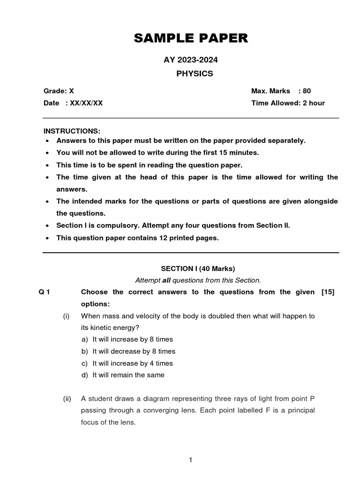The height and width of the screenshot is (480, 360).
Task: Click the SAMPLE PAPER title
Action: tap(191, 38)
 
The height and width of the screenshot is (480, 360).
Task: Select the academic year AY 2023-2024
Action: tap(191, 60)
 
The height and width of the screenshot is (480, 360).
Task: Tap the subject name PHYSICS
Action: tap(194, 74)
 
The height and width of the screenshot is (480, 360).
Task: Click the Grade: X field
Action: tap(59, 91)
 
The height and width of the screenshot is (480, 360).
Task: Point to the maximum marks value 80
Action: tap(307, 91)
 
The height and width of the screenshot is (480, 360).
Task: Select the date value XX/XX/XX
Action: tap(86, 103)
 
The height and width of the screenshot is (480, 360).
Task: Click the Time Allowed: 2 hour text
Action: tap(288, 103)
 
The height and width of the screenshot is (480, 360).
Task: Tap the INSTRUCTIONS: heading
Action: tap(72, 130)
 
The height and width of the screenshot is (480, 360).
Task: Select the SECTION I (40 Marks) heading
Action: tap(198, 269)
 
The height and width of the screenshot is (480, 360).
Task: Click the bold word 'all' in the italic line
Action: tap(166, 280)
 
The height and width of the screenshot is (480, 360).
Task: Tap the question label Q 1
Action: tap(45, 292)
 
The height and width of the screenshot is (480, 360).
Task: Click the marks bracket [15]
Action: tap(328, 292)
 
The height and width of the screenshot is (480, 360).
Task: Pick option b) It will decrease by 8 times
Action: tap(128, 351)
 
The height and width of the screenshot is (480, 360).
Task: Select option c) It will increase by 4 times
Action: tap(127, 363)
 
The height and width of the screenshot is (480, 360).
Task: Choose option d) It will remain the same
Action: tap(123, 375)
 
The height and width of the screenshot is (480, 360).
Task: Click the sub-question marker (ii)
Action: tap(67, 399)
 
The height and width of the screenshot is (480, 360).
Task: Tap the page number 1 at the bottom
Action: tap(191, 460)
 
